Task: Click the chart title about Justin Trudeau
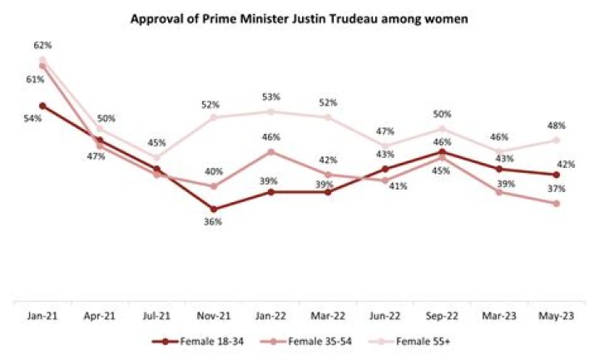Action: (x=299, y=20)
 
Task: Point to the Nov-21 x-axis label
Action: (x=214, y=316)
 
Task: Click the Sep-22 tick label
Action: (x=442, y=316)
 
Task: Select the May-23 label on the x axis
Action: (x=556, y=316)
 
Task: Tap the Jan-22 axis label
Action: (x=270, y=316)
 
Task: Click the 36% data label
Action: (x=214, y=222)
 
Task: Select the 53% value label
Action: (x=271, y=97)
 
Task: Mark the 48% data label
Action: (x=556, y=126)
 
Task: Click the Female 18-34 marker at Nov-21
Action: (x=214, y=209)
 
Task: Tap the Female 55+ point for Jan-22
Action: (x=270, y=111)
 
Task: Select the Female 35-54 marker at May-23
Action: (x=556, y=203)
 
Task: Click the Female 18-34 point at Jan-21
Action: (x=42, y=106)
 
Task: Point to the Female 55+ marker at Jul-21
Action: (x=156, y=157)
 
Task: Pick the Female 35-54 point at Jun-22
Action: (x=384, y=180)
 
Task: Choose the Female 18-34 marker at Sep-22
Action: (x=442, y=151)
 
